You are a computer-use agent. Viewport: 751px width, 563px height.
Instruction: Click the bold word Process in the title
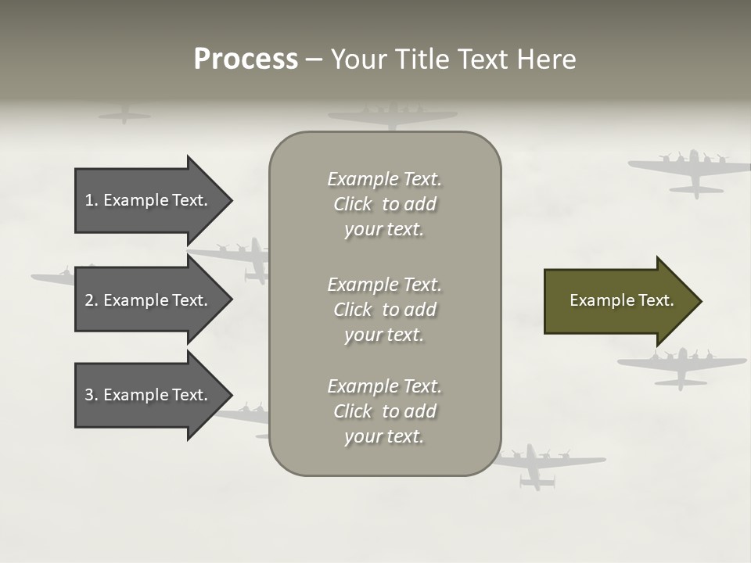246,59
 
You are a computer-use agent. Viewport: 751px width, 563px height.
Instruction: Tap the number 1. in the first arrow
92,200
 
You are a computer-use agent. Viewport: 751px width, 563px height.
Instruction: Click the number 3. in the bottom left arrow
92,395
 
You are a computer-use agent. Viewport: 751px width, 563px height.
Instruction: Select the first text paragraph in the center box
384,204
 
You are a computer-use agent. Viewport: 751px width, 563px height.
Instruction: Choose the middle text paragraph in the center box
384,310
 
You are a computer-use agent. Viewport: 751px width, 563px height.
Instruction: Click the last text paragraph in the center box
384,411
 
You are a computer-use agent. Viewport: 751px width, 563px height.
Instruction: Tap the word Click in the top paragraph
352,204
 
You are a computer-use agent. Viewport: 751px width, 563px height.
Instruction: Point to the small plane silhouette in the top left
124,116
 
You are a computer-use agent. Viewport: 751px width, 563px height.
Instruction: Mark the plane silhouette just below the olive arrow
681,366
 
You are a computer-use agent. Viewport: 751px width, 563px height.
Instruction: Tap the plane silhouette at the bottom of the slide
540,466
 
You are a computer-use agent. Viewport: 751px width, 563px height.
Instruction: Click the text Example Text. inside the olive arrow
622,300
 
